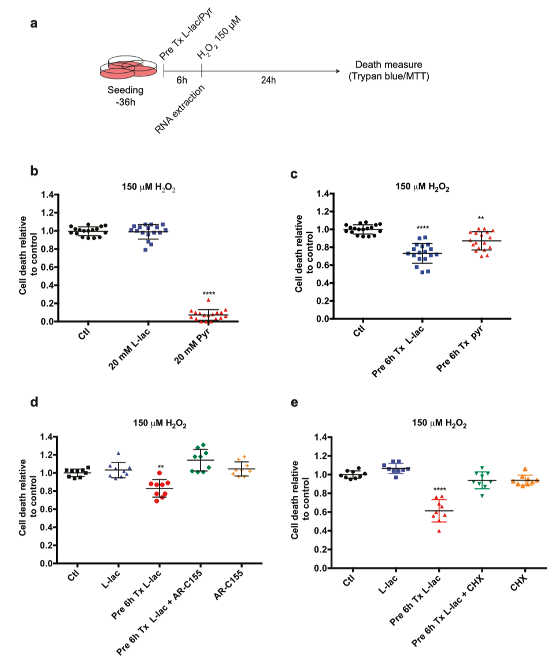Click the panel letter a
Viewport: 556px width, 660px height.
coord(35,25)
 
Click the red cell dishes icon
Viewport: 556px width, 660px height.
coord(128,68)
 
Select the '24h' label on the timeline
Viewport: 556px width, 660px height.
coord(268,80)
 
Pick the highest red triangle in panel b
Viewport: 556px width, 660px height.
coord(208,299)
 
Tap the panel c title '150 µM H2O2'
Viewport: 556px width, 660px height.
coord(422,187)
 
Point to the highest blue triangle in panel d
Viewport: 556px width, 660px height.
coord(118,454)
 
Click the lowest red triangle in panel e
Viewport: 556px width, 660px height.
coord(440,530)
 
